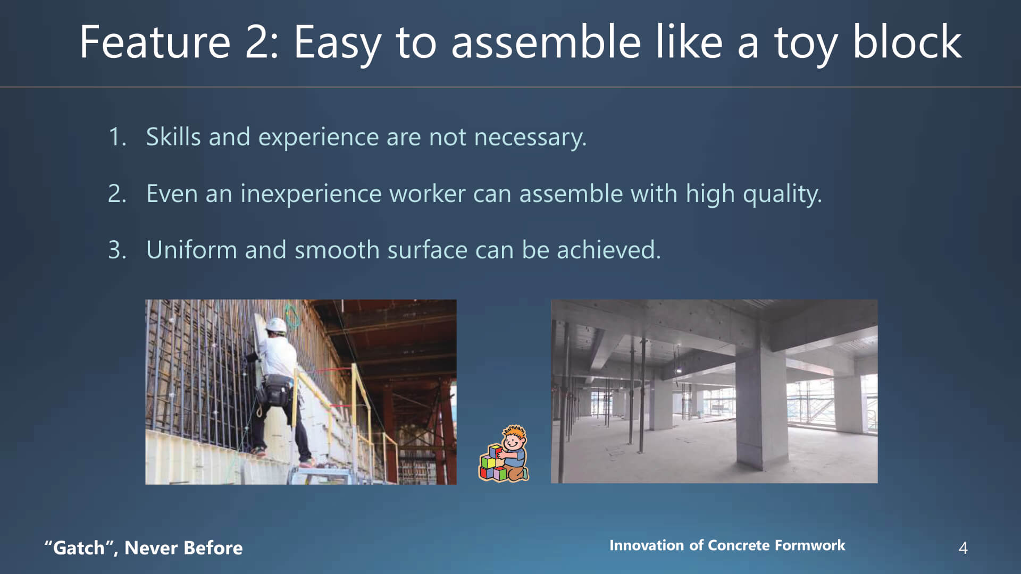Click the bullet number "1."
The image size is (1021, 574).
(x=117, y=137)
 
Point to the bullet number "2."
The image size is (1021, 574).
(x=117, y=193)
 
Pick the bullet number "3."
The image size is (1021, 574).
(x=117, y=250)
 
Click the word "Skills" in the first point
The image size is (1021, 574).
(x=173, y=137)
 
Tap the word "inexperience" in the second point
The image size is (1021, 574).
(x=311, y=195)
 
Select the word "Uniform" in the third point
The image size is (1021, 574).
(x=191, y=250)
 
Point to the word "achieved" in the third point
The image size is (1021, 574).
(x=608, y=249)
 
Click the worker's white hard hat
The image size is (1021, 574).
(x=276, y=325)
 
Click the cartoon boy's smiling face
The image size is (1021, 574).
(x=513, y=441)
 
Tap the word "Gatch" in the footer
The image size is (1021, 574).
(x=79, y=548)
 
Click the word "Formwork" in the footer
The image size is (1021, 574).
(x=810, y=545)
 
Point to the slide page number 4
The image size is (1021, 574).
(x=963, y=548)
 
